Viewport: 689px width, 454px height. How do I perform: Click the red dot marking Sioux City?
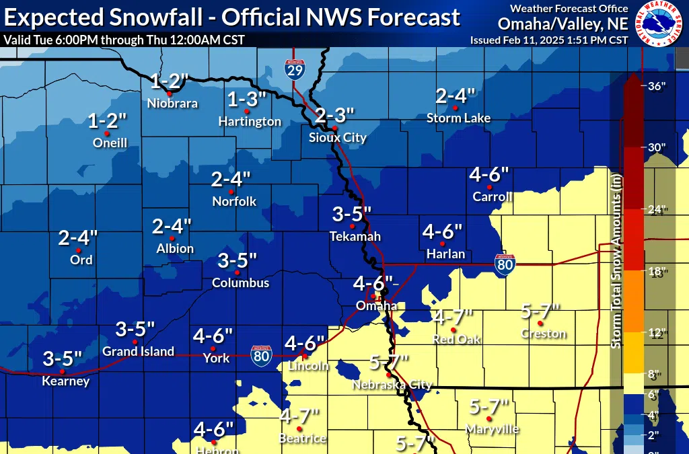[334, 128]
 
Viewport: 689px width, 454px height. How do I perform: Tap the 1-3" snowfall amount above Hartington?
[247, 99]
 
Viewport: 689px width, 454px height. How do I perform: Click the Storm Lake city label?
[458, 118]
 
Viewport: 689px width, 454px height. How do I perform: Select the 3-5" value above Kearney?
[62, 358]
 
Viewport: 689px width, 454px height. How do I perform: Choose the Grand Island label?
[138, 351]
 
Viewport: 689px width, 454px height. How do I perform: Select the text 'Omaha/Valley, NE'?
[563, 24]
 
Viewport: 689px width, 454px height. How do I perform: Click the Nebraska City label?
[392, 385]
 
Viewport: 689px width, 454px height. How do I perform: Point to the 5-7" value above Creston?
[541, 311]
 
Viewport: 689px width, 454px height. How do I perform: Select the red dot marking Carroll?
[489, 186]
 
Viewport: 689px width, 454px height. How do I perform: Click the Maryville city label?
[492, 428]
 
